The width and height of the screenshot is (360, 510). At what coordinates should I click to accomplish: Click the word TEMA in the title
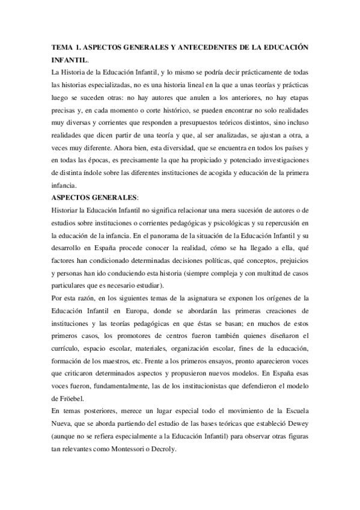click(x=63, y=48)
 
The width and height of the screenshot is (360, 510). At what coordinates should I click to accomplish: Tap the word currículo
click(x=65, y=348)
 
